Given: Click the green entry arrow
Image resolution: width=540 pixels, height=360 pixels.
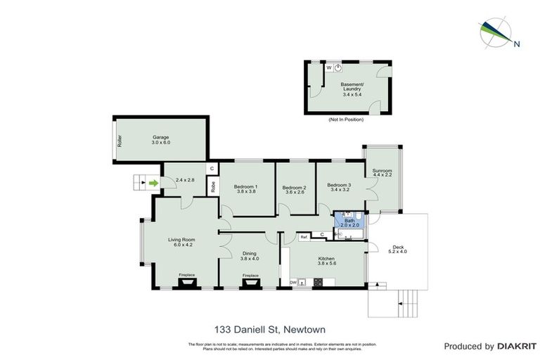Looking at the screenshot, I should [x=154, y=184].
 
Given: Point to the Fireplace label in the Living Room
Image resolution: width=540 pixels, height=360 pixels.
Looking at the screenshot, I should [x=186, y=275].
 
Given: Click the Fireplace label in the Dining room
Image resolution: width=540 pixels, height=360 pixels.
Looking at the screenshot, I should [x=250, y=275].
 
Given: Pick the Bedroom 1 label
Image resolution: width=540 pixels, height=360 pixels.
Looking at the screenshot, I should [x=247, y=188].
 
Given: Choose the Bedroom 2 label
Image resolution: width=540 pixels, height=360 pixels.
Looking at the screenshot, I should [x=295, y=188].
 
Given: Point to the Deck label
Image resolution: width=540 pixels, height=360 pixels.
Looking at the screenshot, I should [x=398, y=248].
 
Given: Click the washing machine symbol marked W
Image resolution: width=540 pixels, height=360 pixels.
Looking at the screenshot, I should [x=328, y=67].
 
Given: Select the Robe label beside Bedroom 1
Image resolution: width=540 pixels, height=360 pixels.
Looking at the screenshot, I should [x=212, y=187].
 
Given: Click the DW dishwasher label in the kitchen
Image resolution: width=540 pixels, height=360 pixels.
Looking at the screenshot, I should [x=293, y=283].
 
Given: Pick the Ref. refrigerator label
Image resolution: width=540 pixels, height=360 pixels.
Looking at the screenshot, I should [x=304, y=237].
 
